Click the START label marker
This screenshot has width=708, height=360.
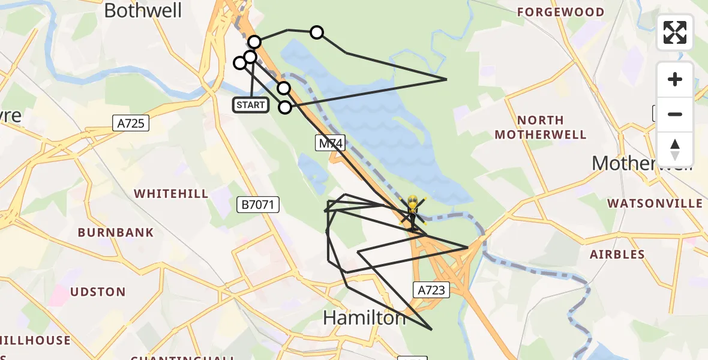251,106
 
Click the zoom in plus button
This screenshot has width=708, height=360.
675,80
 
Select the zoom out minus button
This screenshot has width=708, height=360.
675,114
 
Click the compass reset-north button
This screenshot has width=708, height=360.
675,149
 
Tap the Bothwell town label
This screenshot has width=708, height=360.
143,10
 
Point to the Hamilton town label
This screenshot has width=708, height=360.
364,317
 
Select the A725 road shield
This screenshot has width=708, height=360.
131,124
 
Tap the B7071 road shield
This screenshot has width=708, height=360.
258,205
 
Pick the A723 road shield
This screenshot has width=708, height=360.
431,290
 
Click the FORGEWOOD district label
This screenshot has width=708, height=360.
560,12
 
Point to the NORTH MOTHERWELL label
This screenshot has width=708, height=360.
540,127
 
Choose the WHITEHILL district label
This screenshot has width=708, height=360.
171,194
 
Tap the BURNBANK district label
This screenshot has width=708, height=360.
116,232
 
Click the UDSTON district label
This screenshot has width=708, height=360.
98,292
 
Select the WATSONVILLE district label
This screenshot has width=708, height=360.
655,203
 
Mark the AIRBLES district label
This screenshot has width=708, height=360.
617,254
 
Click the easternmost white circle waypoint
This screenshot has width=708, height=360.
316,32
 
